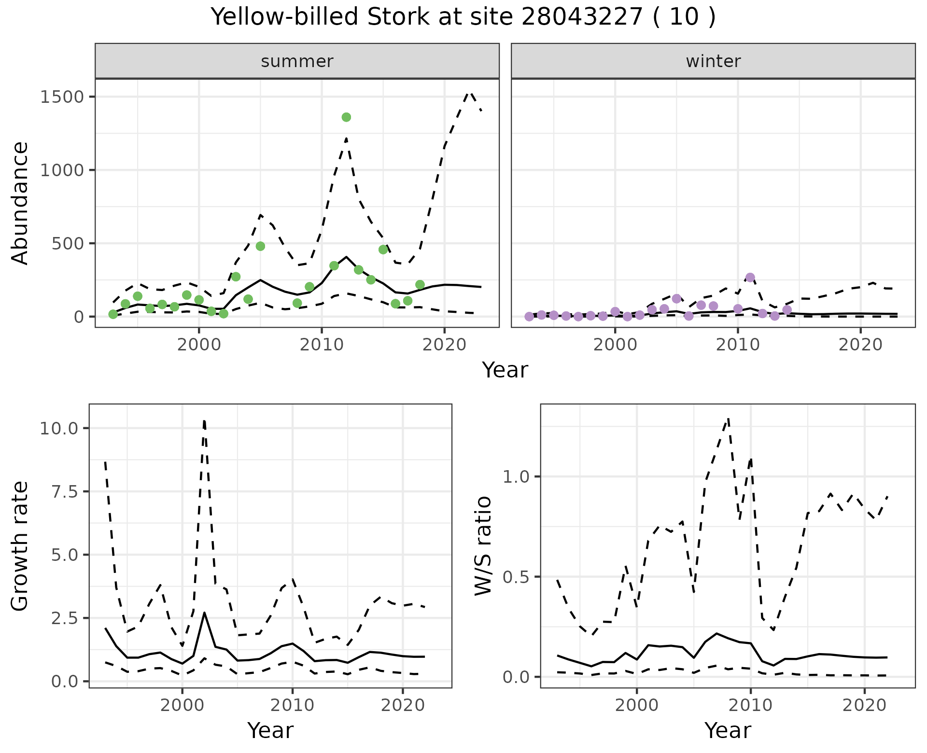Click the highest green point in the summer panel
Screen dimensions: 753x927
346,117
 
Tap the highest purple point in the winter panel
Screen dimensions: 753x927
750,278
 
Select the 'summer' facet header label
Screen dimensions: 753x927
297,61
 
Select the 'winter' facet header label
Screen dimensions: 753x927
713,61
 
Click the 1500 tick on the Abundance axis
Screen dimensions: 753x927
62,97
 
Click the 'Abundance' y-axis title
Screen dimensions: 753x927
20,203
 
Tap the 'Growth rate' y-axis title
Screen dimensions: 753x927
20,546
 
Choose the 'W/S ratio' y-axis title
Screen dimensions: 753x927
483,545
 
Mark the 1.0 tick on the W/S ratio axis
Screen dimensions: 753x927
517,477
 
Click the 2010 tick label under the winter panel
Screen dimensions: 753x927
737,345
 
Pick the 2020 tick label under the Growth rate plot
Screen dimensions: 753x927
403,705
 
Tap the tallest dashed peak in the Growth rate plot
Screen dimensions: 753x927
204,420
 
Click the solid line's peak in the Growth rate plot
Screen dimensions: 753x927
205,613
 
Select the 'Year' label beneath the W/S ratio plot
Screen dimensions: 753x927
728,730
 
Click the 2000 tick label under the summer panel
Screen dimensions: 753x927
198,345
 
